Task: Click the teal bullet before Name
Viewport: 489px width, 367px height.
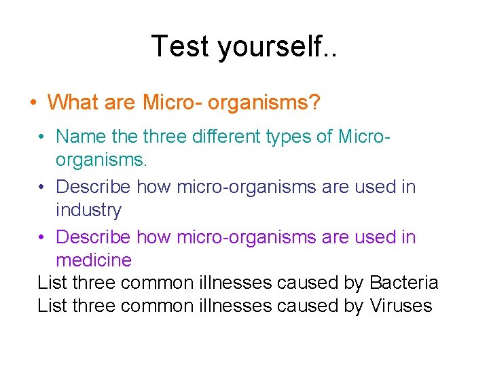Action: [42, 137]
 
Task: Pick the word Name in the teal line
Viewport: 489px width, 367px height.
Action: [81, 137]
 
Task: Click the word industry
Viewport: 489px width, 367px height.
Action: [88, 210]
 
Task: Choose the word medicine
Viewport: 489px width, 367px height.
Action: [94, 260]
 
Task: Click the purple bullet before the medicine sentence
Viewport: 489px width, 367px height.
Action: [42, 237]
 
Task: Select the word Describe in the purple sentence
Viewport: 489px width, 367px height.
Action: [94, 237]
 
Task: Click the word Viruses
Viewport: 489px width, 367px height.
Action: [401, 307]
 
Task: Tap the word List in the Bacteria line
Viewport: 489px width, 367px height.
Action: [52, 283]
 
